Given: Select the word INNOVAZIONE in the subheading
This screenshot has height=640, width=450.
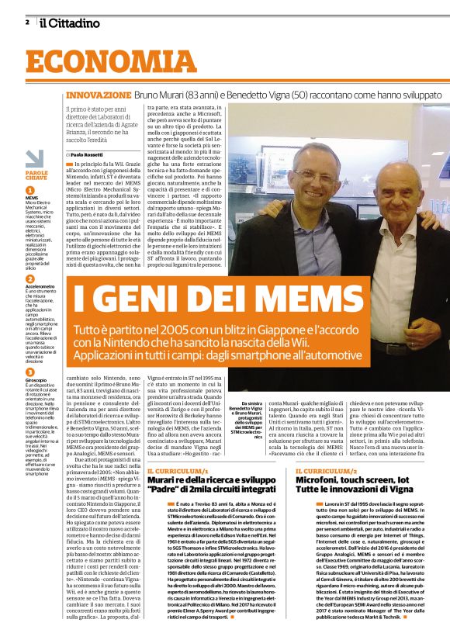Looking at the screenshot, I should pos(99,95).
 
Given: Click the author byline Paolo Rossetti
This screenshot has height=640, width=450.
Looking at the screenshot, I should pos(94,155).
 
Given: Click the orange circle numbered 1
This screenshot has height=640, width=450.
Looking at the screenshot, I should pos(30,189).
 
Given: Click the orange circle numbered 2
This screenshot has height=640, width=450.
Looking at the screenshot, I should pos(30,278).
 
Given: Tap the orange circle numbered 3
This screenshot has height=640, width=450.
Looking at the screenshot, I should pos(30,369).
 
